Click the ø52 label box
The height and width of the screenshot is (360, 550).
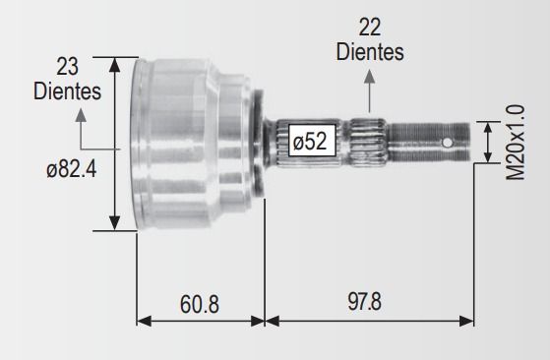(312, 141)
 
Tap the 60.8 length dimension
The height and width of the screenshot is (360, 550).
(200, 304)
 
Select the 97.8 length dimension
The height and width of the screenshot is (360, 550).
(364, 301)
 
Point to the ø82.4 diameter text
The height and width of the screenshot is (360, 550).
(72, 169)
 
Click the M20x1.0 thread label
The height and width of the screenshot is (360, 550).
(516, 143)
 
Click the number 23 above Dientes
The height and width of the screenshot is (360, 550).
(67, 67)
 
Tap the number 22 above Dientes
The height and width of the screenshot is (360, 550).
(370, 28)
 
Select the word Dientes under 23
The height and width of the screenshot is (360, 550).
(67, 91)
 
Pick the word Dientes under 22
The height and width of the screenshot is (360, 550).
(370, 52)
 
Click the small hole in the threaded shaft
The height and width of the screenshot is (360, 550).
(448, 143)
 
